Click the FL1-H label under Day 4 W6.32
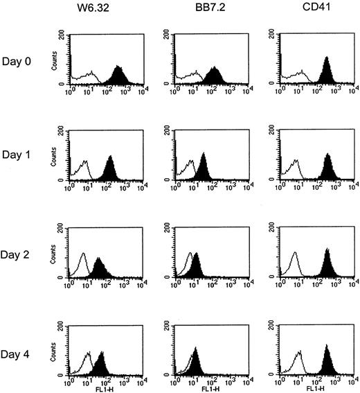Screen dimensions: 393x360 point(102,389)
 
